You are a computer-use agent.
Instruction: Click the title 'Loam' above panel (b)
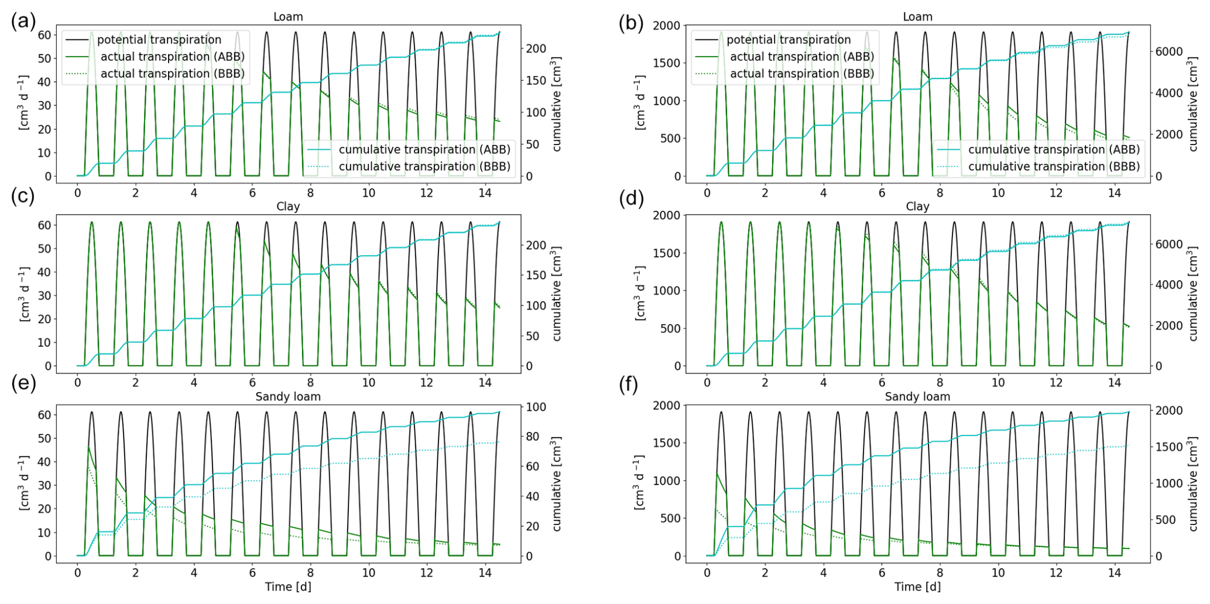[x=917, y=17]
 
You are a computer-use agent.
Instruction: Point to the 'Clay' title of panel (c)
[x=287, y=207]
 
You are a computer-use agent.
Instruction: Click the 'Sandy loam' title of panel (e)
[x=287, y=397]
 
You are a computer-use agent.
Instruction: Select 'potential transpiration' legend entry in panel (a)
[x=159, y=40]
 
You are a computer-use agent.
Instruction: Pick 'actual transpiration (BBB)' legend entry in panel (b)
[x=801, y=74]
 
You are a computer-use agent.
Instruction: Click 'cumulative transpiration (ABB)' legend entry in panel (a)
[x=424, y=150]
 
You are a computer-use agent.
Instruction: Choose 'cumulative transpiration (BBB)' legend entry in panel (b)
[x=1054, y=167]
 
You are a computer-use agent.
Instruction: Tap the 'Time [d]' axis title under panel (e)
[x=287, y=587]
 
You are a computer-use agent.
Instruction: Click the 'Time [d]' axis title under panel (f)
[x=917, y=587]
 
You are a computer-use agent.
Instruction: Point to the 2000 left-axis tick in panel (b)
[x=667, y=26]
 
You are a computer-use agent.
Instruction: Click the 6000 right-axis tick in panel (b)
[x=1168, y=52]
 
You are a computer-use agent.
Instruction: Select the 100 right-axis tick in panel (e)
[x=536, y=407]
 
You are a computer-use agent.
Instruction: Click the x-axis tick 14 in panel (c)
[x=485, y=383]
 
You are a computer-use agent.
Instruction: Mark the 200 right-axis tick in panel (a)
[x=536, y=49]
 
